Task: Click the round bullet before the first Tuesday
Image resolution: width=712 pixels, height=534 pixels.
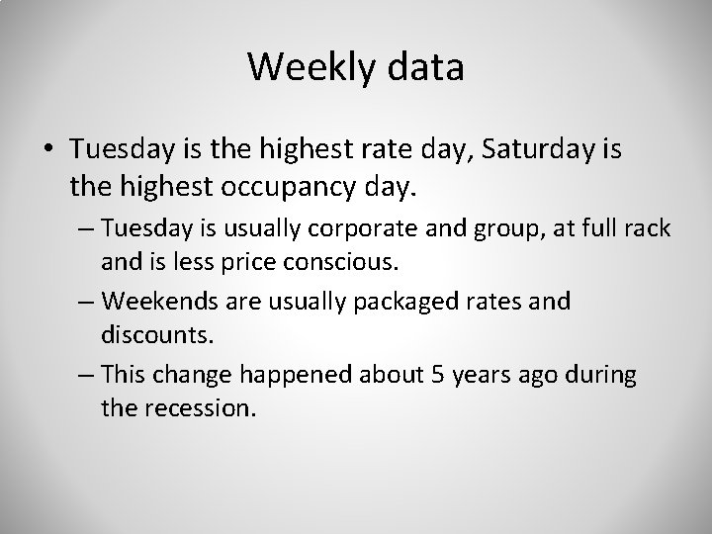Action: (48, 149)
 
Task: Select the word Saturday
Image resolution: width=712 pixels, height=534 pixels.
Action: (556, 148)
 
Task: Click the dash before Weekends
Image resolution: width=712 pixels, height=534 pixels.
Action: (84, 301)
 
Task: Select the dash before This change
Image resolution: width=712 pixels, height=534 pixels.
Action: (84, 375)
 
